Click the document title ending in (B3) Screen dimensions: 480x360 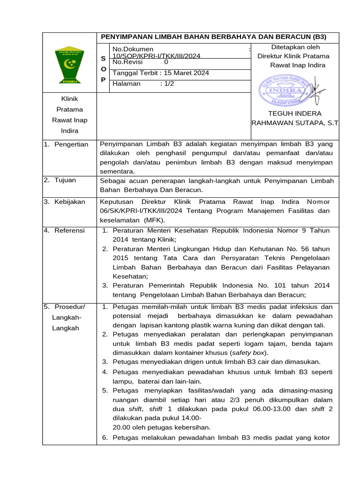[214, 37]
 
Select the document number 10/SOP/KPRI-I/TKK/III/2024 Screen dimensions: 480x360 [157, 56]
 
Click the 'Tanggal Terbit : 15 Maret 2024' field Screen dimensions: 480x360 [161, 73]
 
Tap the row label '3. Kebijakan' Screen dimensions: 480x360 [65, 202]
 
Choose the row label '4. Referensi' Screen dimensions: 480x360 [65, 231]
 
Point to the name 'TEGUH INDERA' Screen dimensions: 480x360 [294, 113]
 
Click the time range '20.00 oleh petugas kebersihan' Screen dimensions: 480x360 [162, 427]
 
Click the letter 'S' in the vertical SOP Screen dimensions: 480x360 [103, 59]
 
